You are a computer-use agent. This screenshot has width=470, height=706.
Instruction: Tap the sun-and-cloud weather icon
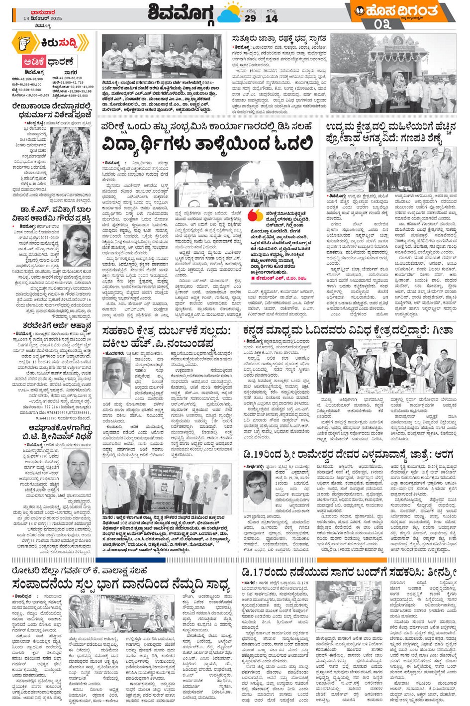click(x=230, y=13)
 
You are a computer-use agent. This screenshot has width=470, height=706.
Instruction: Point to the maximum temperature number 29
click(x=250, y=18)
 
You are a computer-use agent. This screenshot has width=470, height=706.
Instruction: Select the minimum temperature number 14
click(x=272, y=18)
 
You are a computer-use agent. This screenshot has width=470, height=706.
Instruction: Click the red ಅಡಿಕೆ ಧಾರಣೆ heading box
click(x=48, y=62)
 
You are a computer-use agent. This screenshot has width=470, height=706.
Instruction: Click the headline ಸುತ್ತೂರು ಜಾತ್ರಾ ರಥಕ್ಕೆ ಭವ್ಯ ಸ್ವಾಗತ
click(x=279, y=39)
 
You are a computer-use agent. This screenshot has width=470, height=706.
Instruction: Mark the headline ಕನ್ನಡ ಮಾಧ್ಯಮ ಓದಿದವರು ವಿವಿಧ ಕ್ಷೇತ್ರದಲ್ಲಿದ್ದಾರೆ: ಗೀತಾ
click(x=348, y=330)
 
